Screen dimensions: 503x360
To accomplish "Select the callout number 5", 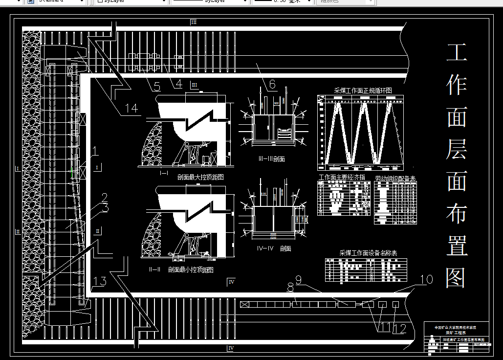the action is point(156,87).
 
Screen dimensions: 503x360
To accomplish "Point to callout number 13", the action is point(99,281).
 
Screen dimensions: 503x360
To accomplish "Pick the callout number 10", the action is point(426,279).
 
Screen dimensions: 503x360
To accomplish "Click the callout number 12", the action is point(399,328).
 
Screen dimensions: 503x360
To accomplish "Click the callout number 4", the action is point(178,84).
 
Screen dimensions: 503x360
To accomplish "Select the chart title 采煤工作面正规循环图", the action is point(363,90).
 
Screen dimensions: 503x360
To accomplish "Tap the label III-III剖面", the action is point(271,159).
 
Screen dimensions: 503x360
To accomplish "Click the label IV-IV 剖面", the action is point(274,248).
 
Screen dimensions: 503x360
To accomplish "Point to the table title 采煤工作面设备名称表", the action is point(368,253).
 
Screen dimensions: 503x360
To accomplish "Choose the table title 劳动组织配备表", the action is point(395,178).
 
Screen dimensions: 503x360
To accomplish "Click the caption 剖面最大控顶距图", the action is point(200,177).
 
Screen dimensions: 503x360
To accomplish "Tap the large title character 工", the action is point(457,53).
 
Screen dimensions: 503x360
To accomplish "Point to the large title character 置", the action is point(457,246).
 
